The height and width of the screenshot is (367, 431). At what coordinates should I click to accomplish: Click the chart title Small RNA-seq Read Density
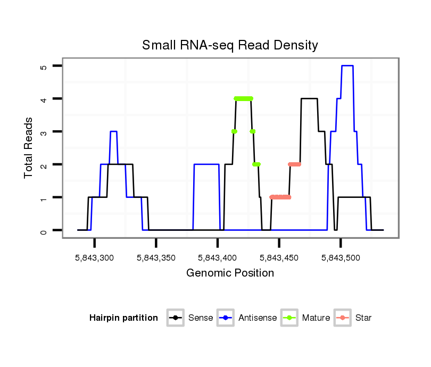[x=230, y=45]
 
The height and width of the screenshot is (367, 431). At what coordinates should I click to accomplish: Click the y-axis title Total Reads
[x=29, y=148]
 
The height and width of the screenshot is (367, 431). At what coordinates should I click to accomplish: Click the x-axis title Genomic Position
[x=230, y=273]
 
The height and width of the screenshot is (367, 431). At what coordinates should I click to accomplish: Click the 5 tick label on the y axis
[x=44, y=66]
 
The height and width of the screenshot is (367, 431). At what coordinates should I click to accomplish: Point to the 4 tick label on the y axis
[x=44, y=99]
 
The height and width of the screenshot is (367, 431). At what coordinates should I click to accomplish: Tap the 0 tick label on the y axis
[x=44, y=230]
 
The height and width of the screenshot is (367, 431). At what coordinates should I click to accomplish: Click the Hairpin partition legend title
[x=123, y=318]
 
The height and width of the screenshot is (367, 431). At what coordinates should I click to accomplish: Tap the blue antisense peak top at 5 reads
[x=347, y=65]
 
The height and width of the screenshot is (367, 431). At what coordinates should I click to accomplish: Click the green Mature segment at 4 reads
[x=243, y=98]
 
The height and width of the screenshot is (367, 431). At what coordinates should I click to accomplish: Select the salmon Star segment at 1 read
[x=280, y=197]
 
